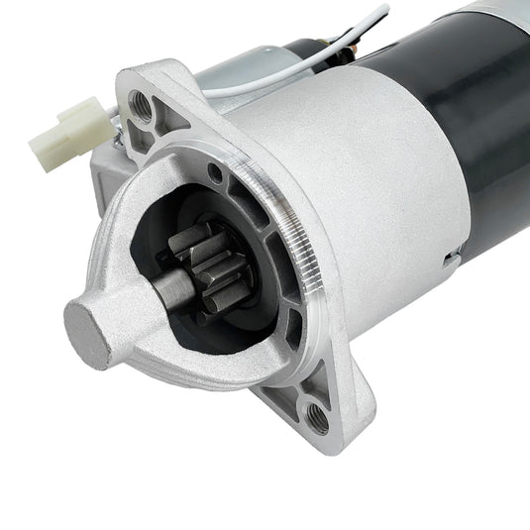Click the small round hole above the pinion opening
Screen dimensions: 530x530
(x=215, y=179)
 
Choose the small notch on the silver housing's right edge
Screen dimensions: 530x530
(x=451, y=261)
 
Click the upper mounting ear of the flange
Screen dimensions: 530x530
(x=149, y=99)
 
